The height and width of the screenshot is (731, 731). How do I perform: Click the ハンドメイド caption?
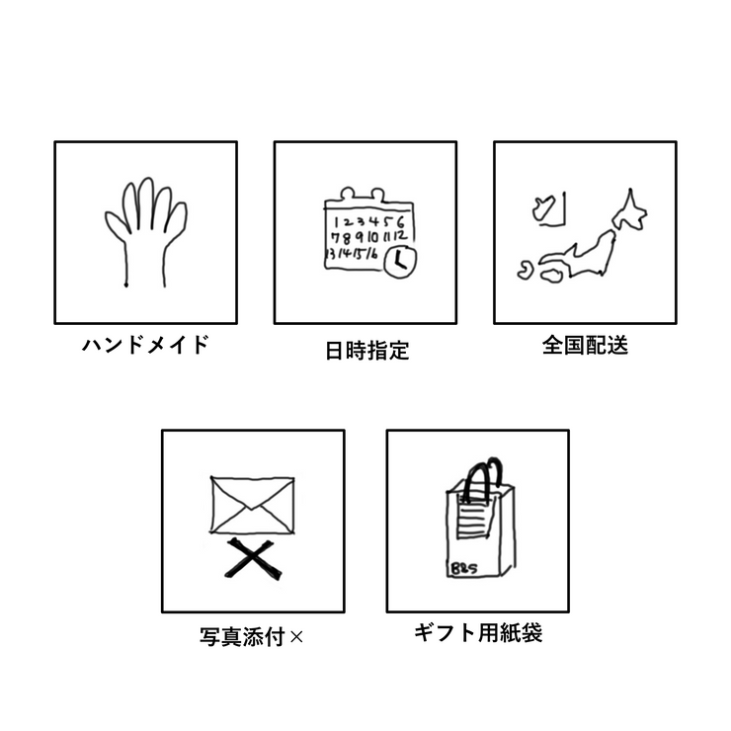pyautogui.click(x=145, y=345)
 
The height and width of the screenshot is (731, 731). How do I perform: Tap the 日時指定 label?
pyautogui.click(x=366, y=351)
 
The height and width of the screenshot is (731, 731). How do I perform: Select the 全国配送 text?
pyautogui.click(x=585, y=346)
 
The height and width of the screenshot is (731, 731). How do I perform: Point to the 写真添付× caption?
pyautogui.click(x=251, y=636)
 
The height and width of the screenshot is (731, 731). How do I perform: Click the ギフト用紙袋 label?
pyautogui.click(x=478, y=633)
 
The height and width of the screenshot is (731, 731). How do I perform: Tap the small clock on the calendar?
pyautogui.click(x=400, y=262)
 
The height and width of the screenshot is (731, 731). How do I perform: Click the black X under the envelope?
pyautogui.click(x=253, y=559)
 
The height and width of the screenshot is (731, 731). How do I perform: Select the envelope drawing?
pyautogui.click(x=252, y=505)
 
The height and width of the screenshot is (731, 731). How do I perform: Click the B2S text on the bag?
pyautogui.click(x=464, y=569)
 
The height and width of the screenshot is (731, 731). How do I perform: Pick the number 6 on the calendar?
pyautogui.click(x=400, y=222)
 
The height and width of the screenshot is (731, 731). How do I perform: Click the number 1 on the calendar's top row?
pyautogui.click(x=336, y=222)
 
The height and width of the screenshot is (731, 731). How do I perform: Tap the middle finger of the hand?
pyautogui.click(x=146, y=203)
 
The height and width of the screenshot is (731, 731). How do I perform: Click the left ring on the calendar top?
pyautogui.click(x=347, y=193)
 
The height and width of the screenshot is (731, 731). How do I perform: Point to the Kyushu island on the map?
pyautogui.click(x=526, y=271)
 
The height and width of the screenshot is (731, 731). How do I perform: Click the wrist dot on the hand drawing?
pyautogui.click(x=125, y=284)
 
